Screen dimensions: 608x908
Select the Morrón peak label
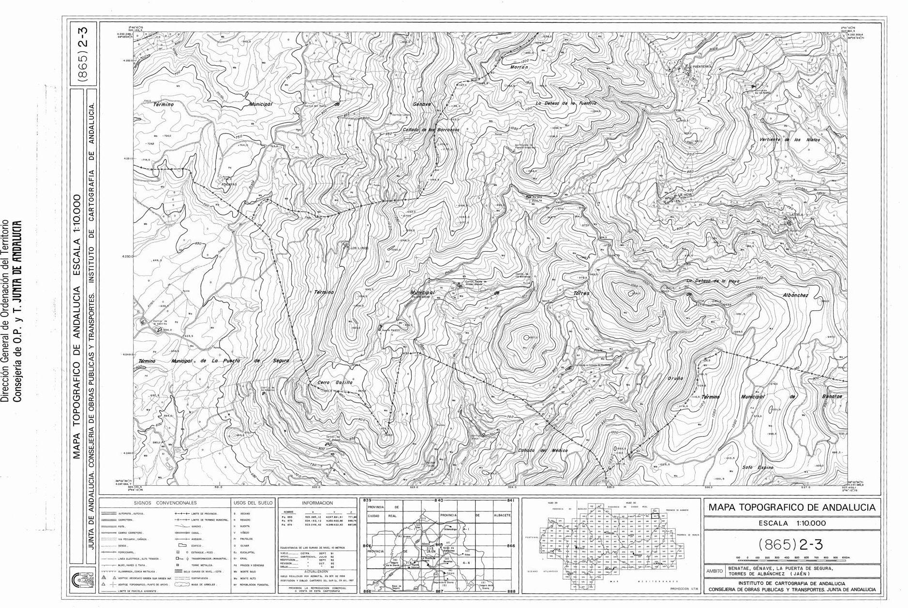519,68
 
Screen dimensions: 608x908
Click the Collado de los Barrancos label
431,130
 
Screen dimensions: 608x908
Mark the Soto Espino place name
758,467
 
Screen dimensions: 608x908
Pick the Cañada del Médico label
542,450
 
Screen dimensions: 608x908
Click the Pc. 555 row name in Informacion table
288,516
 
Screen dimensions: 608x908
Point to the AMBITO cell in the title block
714,571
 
